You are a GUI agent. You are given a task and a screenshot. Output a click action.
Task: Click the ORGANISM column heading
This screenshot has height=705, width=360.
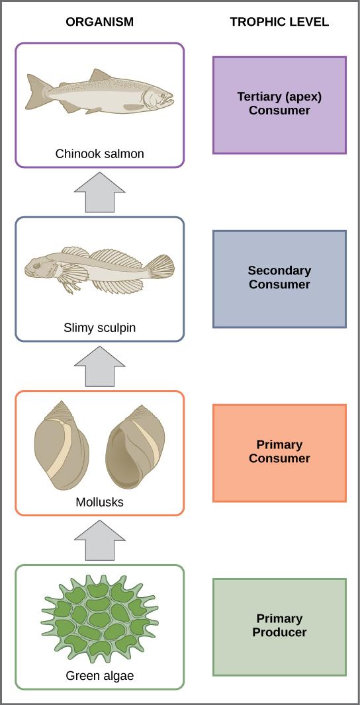click(x=99, y=22)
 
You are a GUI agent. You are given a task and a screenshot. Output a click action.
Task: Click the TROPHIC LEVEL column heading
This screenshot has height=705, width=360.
click(x=279, y=22)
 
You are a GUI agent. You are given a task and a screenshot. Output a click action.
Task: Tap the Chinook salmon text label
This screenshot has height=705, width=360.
click(x=99, y=154)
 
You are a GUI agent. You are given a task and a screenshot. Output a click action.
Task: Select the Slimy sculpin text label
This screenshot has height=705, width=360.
click(x=99, y=328)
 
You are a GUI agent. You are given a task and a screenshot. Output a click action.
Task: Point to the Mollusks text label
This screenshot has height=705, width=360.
click(x=99, y=502)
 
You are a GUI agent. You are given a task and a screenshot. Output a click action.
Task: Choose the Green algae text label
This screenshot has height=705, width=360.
click(x=99, y=676)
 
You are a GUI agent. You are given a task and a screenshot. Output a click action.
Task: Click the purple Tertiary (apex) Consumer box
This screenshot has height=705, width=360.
click(x=279, y=104)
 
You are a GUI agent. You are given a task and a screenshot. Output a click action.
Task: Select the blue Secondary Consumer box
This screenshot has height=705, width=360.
click(x=279, y=278)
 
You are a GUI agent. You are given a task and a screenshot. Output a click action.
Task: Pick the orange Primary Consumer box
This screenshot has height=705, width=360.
click(x=279, y=452)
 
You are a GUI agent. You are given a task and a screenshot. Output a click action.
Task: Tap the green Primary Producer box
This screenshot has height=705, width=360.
click(x=279, y=626)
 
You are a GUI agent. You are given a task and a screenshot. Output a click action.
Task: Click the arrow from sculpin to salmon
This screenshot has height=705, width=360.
click(x=99, y=192)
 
